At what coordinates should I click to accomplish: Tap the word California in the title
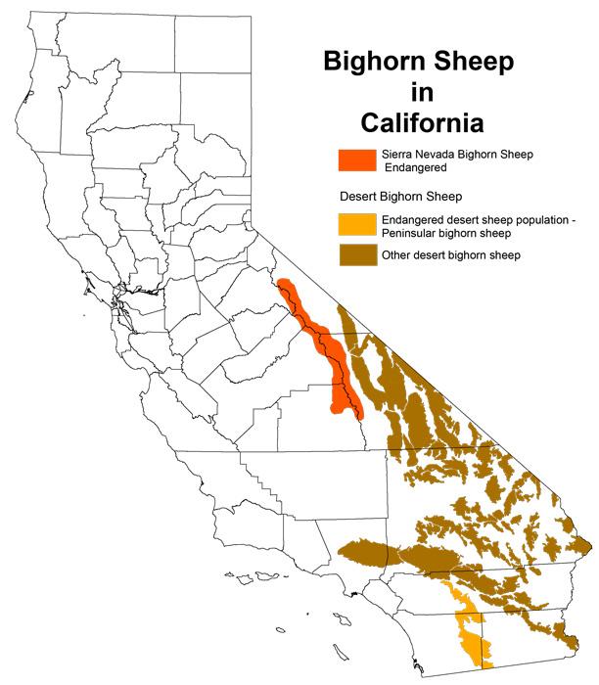pyautogui.click(x=421, y=123)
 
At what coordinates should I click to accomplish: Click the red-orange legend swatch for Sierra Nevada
pyautogui.click(x=354, y=160)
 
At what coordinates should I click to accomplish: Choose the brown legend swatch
pyautogui.click(x=354, y=255)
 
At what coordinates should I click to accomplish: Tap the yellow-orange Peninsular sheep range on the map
pyautogui.click(x=467, y=626)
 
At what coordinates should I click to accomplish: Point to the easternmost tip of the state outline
pyautogui.click(x=591, y=544)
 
